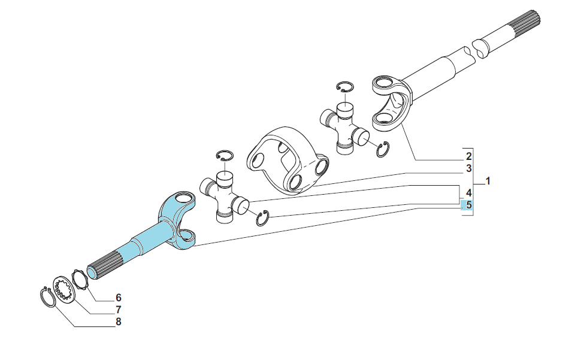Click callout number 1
tap(488, 181)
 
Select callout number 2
tap(469, 156)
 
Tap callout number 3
tap(469, 168)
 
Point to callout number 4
tap(469, 193)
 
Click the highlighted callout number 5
tap(469, 205)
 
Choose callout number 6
tap(118, 298)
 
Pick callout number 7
tap(118, 310)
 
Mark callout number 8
tap(118, 322)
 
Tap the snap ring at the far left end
tap(47, 297)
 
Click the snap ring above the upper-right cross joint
tap(345, 86)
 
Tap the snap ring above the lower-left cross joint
tap(225, 156)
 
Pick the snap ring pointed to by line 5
tap(262, 218)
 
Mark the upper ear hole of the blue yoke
tap(183, 197)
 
